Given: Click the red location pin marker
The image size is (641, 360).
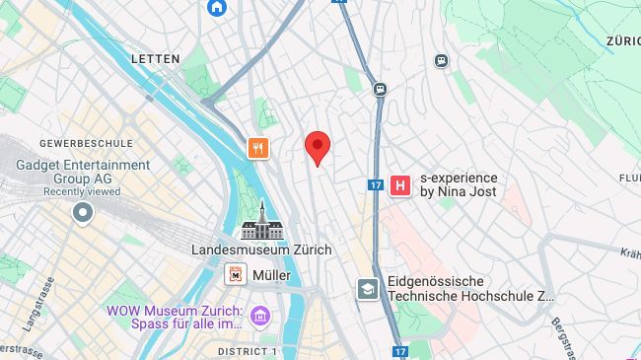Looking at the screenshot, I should pos(317,148).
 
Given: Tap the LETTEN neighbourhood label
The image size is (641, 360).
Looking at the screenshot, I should pos(156,59).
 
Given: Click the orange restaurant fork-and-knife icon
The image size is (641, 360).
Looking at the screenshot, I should pos(257,148).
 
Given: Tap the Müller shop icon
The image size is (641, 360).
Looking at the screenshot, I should pos(236,275).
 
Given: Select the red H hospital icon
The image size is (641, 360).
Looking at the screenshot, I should pos(400,184).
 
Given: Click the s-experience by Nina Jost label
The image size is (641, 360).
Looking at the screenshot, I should pos(459,184).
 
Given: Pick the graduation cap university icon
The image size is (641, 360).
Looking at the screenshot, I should pos(368,288).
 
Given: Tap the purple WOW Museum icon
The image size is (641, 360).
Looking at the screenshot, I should pos(260,316).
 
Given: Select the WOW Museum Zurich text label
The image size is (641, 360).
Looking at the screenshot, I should pos(176,317).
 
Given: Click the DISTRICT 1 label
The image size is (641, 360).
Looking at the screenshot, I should pos(248,351).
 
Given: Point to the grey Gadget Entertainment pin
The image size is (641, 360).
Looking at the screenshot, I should pos(82,212).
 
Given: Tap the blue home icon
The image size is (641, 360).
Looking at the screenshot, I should pos(217,7).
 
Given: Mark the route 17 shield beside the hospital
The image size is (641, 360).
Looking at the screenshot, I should pos(375,184).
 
